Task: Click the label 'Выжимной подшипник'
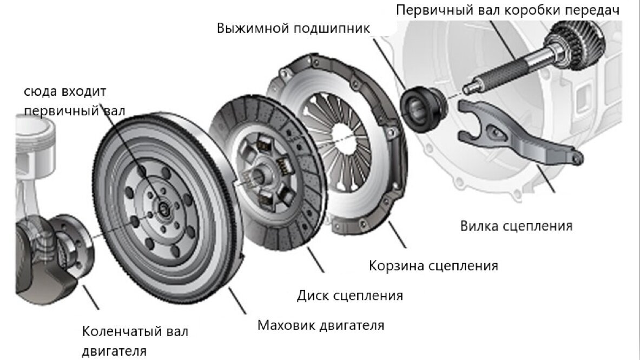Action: click(x=293, y=28)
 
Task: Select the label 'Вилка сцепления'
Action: click(x=516, y=225)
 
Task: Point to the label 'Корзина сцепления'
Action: click(x=433, y=266)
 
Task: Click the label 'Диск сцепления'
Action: click(x=350, y=296)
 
